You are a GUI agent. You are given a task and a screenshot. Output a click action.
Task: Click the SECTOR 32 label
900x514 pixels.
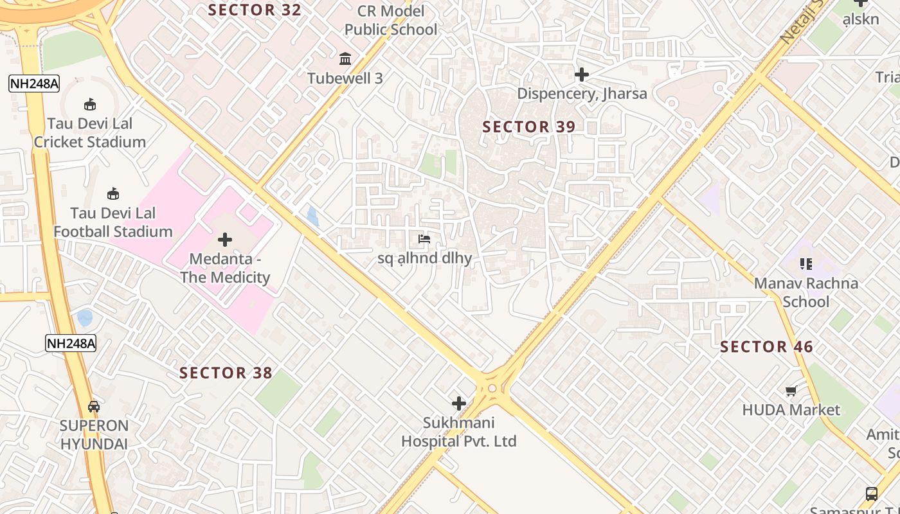pos(255,10)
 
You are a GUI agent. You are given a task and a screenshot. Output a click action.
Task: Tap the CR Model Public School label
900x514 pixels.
pos(391,21)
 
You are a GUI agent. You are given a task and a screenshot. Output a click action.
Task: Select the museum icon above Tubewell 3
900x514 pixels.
pos(345,59)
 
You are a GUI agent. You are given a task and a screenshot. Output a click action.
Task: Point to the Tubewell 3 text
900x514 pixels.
pos(345,78)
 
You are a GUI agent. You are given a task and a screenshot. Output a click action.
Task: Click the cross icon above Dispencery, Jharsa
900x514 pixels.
pos(582,75)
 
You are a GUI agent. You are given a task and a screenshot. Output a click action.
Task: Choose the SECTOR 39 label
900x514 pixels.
pos(529,127)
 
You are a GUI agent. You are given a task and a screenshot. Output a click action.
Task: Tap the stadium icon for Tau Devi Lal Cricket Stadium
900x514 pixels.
pos(90,104)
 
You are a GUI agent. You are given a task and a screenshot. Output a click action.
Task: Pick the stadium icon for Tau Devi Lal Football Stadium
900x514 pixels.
pos(113,193)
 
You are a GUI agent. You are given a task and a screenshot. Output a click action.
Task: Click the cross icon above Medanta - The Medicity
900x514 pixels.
pos(225,240)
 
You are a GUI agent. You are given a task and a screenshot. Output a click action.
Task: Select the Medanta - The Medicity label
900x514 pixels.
pos(225,269)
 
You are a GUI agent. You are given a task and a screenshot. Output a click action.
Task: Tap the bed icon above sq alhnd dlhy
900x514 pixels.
pos(424,239)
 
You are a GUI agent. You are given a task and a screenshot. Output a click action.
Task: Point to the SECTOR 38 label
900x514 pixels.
pos(226,373)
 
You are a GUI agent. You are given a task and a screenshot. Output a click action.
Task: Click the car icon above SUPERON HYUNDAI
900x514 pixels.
pos(94,406)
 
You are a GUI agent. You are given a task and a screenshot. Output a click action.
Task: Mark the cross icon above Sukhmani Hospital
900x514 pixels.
pos(459,403)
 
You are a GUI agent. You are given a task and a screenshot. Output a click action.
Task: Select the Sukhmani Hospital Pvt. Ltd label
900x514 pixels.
pos(459,432)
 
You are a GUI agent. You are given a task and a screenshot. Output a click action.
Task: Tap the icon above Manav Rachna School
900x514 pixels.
pos(806,263)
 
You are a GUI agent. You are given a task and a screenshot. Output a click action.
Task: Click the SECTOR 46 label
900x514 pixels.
pos(766,348)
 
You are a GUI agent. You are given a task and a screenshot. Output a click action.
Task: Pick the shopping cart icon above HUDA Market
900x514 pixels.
pos(791,391)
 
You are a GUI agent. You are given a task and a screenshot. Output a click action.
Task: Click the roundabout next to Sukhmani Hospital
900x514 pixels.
pos(492,388)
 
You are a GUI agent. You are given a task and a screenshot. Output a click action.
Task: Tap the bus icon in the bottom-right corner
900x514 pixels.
pos(872,494)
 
